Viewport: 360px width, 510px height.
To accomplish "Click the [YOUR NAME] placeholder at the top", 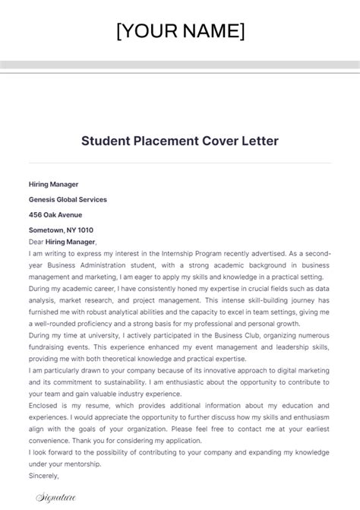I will coord(180,31).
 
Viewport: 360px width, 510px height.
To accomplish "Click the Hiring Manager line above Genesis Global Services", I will coord(53,184).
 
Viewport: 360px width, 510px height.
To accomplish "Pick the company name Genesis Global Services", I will coord(68,199).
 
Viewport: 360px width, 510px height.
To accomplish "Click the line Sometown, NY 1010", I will coord(61,230).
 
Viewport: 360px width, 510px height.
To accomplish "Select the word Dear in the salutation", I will coord(36,242).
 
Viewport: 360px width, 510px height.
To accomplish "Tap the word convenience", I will coord(52,441).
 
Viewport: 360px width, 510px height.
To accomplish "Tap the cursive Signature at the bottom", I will coord(58,498).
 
